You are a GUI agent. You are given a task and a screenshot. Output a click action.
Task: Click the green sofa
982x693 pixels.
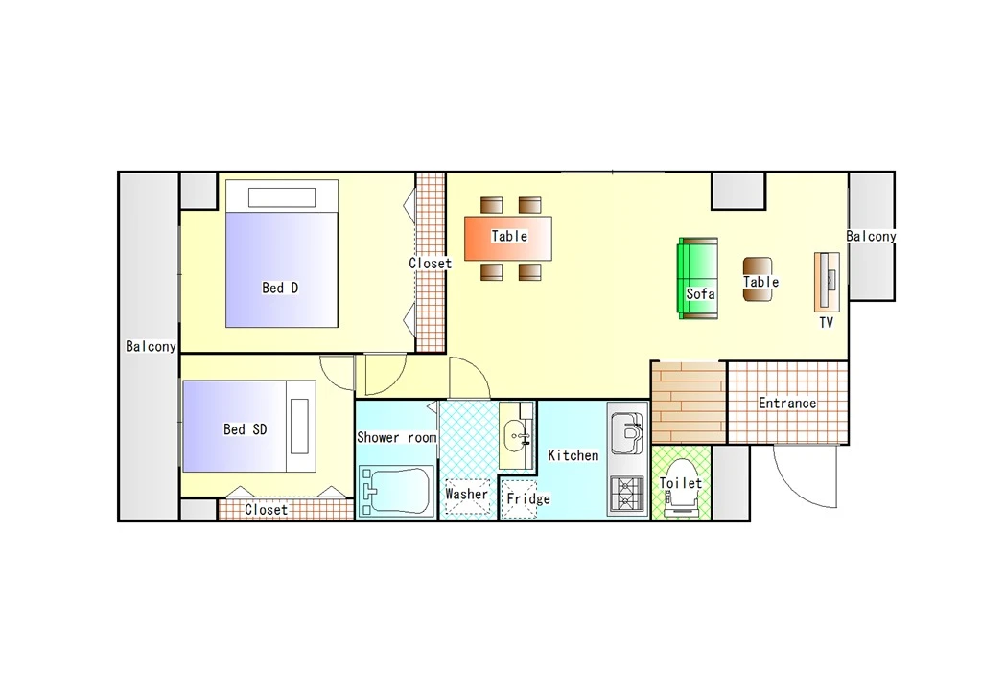tap(698, 278)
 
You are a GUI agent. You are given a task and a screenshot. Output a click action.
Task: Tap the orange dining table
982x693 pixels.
tap(508, 238)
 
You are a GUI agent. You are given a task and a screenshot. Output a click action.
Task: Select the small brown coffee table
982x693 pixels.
tap(758, 279)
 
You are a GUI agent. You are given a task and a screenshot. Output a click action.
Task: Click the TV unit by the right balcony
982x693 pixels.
tap(827, 282)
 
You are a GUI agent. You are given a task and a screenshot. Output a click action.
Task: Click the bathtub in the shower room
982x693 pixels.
tap(396, 491)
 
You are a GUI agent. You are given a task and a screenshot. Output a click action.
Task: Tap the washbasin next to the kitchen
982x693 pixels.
tap(517, 435)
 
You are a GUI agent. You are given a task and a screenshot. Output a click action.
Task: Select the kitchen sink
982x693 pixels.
tap(626, 432)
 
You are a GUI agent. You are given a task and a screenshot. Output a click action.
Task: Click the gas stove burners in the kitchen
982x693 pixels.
tap(626, 495)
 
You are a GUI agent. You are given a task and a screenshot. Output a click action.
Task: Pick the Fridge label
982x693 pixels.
tap(528, 498)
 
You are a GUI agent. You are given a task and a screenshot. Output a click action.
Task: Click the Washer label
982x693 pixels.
tap(467, 494)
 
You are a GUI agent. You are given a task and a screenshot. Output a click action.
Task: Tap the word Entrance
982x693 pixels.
tap(787, 403)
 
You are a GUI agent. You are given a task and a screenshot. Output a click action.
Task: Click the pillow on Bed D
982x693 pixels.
tap(282, 197)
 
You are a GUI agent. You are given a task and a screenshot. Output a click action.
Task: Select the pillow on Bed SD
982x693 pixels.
tap(299, 426)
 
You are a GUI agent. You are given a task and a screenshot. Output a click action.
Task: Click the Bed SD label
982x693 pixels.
tap(245, 428)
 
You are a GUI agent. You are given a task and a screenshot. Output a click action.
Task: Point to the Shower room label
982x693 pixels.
tap(396, 437)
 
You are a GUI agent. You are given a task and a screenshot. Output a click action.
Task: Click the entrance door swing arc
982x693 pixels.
tap(795, 486)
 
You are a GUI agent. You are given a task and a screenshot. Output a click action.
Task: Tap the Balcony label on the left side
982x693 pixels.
tap(151, 346)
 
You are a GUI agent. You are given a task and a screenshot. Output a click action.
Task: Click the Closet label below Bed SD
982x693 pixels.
tap(267, 510)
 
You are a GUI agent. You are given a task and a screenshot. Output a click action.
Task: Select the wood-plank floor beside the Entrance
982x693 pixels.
tap(689, 404)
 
